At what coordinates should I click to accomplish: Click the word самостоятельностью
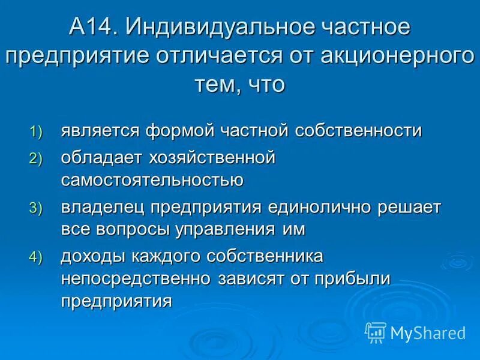(x=152, y=179)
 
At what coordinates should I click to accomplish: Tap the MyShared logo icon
(x=376, y=332)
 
